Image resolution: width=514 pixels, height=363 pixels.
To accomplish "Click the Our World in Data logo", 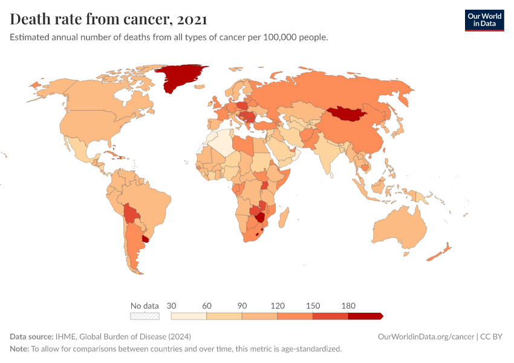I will pos(484,20).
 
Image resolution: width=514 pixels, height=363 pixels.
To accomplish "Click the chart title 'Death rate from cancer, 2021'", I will pos(109,19).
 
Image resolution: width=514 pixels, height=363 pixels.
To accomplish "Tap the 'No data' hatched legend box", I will pos(145,316).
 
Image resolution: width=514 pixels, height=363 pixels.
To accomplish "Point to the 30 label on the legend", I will pos(171,306).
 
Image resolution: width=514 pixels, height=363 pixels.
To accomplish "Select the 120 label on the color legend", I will pos(278,306).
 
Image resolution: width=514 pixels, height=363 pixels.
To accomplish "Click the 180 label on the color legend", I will pos(348,306).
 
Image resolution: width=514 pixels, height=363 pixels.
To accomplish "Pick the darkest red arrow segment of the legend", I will pos(365,316).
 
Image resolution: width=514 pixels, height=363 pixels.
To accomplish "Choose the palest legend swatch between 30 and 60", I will pos(189,316).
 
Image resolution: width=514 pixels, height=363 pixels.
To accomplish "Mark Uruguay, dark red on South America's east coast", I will pos(146,239).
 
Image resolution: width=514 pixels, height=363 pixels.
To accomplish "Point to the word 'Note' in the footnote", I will pos(19,349).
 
